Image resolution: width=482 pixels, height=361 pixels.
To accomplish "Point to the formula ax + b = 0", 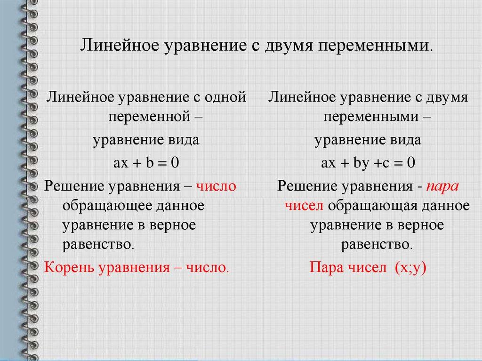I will (146, 163).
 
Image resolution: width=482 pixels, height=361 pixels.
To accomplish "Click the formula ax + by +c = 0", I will (368, 163).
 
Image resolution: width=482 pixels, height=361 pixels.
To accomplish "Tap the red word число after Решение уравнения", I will (217, 186).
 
